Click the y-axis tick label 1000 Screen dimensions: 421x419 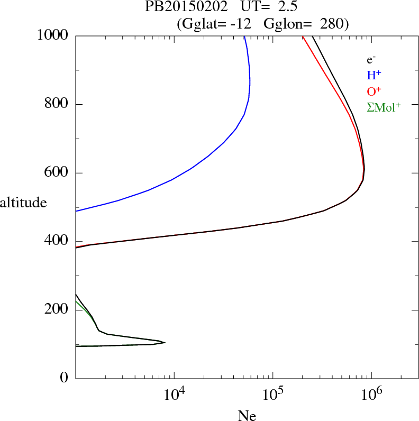[x=53, y=35]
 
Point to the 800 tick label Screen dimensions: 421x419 [x=57, y=104]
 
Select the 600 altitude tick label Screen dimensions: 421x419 [x=57, y=173]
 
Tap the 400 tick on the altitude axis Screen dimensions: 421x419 [x=57, y=242]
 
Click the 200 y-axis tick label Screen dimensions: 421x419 [x=57, y=310]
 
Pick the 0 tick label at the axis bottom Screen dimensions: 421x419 [x=65, y=378]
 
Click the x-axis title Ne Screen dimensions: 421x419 [x=247, y=415]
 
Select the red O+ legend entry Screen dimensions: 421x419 [x=374, y=91]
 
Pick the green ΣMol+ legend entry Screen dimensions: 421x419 [x=384, y=107]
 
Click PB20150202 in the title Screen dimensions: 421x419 [x=179, y=7]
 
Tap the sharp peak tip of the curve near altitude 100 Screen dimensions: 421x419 [x=165, y=343]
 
